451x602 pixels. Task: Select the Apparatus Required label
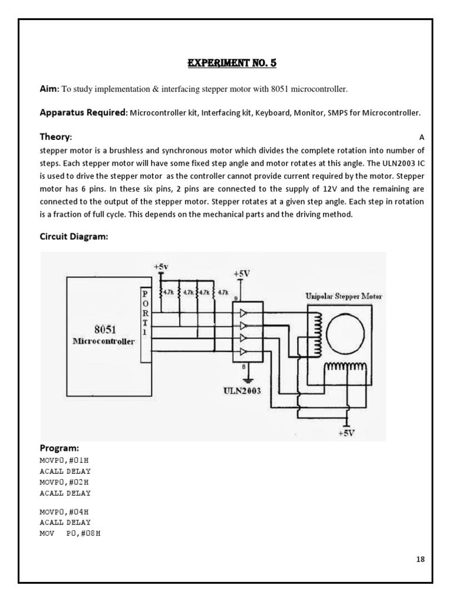(83, 112)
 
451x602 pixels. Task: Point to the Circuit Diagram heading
(73, 237)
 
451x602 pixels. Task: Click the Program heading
(59, 447)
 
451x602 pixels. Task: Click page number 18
(420, 559)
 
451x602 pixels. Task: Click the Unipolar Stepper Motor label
(344, 296)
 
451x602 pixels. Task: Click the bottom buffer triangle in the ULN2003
(241, 352)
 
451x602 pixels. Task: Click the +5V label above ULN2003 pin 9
(241, 274)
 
